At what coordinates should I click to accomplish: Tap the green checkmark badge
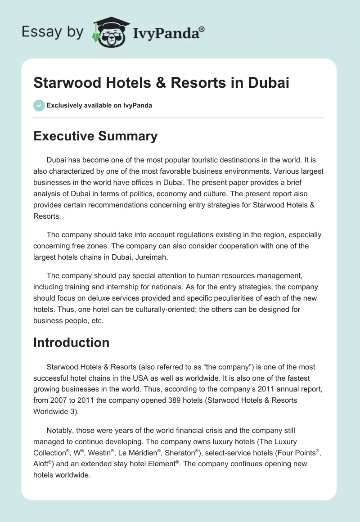(x=39, y=105)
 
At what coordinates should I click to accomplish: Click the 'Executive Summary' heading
(x=95, y=136)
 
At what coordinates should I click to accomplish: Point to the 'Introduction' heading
(x=72, y=342)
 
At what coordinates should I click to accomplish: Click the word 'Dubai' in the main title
(x=266, y=83)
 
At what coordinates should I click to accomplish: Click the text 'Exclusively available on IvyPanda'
(x=99, y=105)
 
